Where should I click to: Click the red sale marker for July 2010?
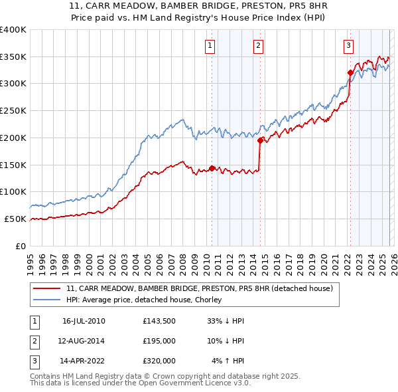click(x=212, y=168)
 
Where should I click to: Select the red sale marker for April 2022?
click(x=350, y=72)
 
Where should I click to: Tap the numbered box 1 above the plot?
click(x=210, y=46)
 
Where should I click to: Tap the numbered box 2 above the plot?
click(x=257, y=46)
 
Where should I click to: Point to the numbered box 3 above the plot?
click(x=348, y=46)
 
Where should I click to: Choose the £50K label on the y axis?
click(x=16, y=219)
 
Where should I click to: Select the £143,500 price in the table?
click(x=159, y=321)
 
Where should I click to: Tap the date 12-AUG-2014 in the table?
click(x=83, y=342)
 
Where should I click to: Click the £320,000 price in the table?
click(x=159, y=361)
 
